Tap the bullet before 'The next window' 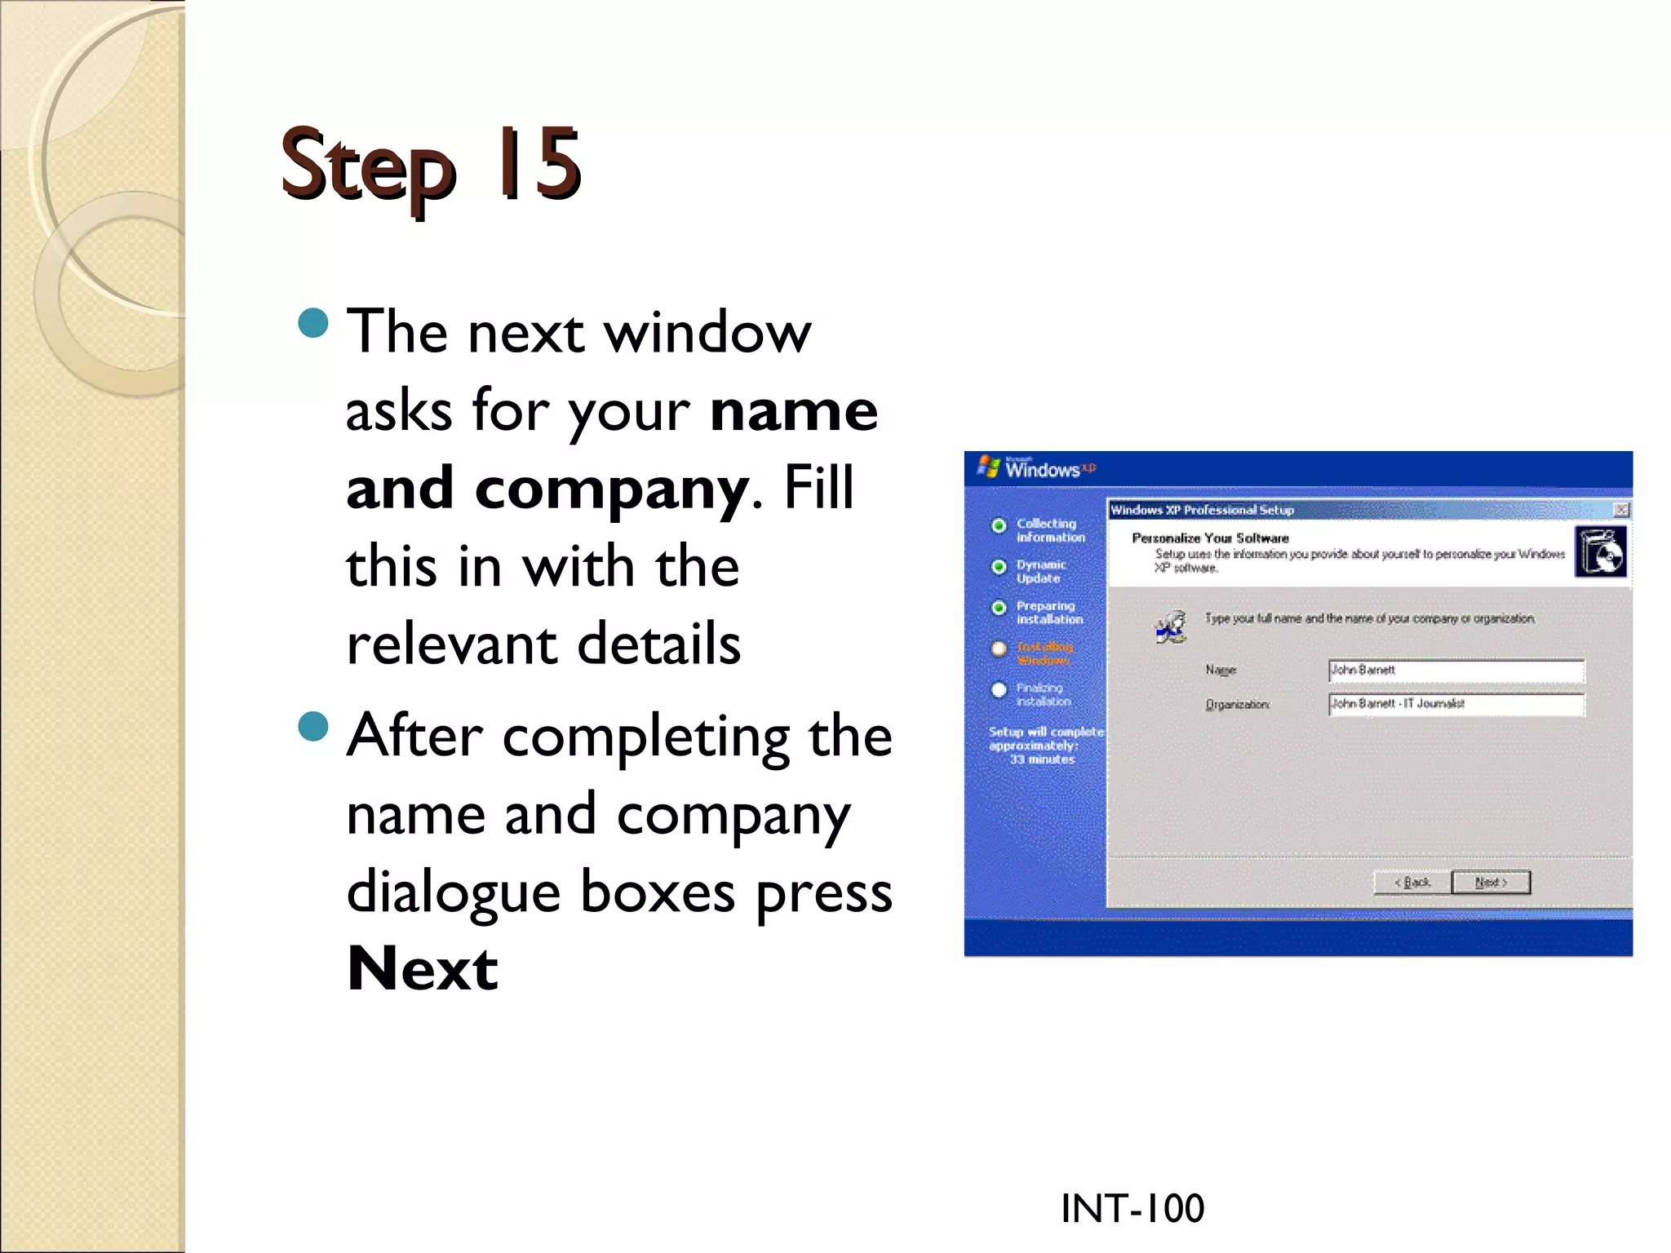pos(313,323)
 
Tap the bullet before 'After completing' pos(313,726)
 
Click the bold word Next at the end pos(422,969)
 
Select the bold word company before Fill pos(610,488)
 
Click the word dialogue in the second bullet pos(453,892)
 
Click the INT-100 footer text pos(1132,1208)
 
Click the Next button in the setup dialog pos(1491,883)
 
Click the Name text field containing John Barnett pos(1456,671)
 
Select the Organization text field pos(1456,704)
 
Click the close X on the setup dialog pos(1621,510)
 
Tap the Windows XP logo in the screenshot pos(1036,468)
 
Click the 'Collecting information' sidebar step pos(1049,530)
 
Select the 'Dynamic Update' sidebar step pos(1040,571)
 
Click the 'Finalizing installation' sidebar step pos(1043,694)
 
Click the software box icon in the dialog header pos(1600,551)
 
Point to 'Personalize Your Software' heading pos(1210,538)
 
